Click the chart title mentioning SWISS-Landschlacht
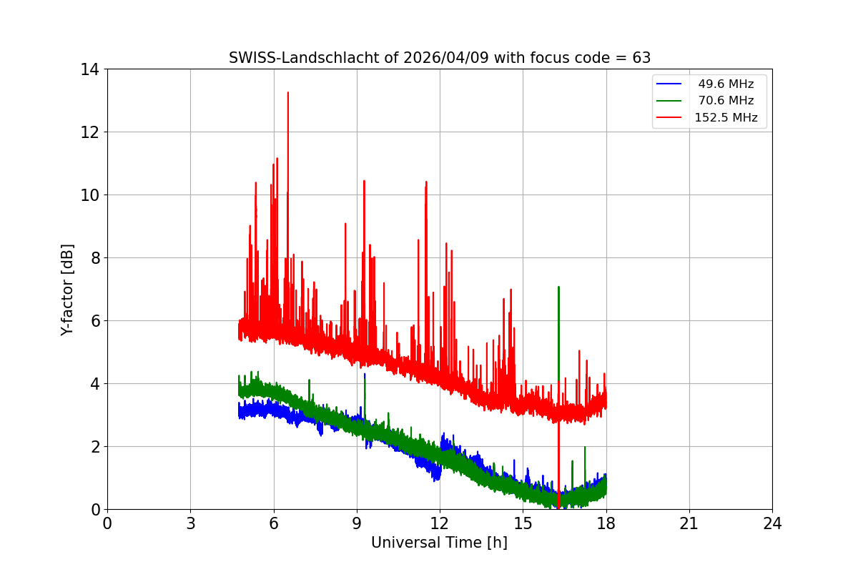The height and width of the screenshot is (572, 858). coord(439,58)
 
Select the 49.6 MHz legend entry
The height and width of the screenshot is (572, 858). coord(726,84)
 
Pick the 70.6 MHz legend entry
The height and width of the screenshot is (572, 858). coord(726,101)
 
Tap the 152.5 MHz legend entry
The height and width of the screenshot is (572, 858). coord(726,118)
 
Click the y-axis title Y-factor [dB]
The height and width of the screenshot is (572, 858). coord(67,290)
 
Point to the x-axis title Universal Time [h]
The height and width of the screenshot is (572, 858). coord(439,543)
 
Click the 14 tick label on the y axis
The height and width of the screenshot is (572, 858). coord(90,69)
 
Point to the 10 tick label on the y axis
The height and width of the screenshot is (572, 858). coord(90,195)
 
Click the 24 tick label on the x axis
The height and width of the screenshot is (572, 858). coord(772,524)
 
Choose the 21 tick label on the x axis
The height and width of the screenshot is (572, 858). coord(689,524)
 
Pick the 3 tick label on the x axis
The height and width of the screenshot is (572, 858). coord(190,524)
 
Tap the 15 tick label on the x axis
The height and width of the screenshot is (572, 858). coord(523,524)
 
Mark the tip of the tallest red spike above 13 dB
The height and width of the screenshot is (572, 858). coord(287,92)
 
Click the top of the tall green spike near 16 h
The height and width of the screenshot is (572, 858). coord(558,287)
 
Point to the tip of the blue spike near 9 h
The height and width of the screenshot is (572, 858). coord(365,374)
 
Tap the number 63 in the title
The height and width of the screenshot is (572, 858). coord(641,58)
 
